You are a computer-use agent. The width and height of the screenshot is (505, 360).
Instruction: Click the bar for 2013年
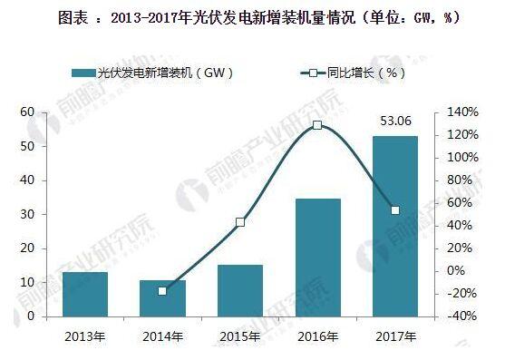85,294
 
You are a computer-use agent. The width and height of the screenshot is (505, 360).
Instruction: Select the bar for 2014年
162,298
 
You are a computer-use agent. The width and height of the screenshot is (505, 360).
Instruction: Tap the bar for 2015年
239,290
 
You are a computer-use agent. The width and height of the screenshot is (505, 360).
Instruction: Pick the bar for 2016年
317,258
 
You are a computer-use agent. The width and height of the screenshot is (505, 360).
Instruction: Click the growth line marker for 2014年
162,291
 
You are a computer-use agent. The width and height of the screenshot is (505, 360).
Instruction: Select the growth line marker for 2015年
239,222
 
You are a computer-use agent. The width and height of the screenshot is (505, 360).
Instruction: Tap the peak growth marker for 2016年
317,125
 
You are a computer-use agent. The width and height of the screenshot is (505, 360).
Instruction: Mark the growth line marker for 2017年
394,210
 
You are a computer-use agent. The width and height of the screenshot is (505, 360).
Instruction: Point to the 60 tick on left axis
27,112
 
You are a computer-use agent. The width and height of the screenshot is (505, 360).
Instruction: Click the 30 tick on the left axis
27,214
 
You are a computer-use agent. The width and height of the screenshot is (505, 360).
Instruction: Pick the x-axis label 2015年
239,336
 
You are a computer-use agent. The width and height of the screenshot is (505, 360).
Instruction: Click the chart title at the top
252,17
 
